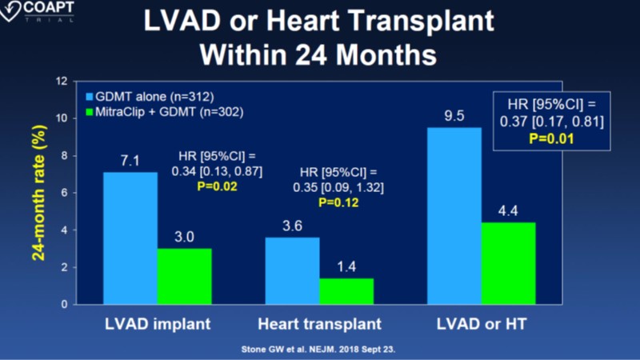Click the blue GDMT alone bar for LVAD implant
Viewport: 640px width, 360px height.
(x=130, y=238)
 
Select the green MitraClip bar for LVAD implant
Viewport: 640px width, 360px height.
(x=183, y=276)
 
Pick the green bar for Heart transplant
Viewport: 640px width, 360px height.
(x=346, y=291)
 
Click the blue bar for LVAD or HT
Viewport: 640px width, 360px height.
(x=454, y=216)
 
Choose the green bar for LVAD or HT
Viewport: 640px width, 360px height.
(x=508, y=263)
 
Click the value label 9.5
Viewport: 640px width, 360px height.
(x=454, y=117)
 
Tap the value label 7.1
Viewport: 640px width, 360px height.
(x=130, y=162)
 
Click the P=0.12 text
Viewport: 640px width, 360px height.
(x=338, y=203)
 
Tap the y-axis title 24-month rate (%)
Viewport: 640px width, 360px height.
(x=36, y=192)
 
